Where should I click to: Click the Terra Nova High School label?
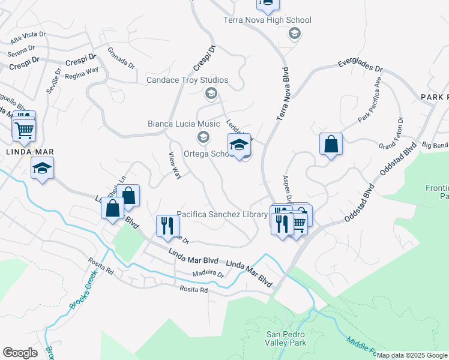coord(267,20)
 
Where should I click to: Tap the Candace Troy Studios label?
coord(187,80)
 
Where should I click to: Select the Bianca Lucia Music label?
coord(184,124)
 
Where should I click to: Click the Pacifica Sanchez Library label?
coord(222,214)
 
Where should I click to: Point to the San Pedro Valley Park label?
coord(286,338)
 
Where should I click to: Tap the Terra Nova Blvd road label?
coord(287,97)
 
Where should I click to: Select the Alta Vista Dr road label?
coord(28,38)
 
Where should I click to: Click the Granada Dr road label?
coord(121,58)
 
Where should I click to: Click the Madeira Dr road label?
coord(208,274)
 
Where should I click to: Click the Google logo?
coord(20,352)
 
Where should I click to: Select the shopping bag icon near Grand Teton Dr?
coord(331,144)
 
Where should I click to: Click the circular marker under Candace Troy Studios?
coord(211,93)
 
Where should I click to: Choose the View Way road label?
coord(175,166)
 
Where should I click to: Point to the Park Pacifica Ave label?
coord(370,100)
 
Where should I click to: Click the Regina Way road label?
coord(82,70)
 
